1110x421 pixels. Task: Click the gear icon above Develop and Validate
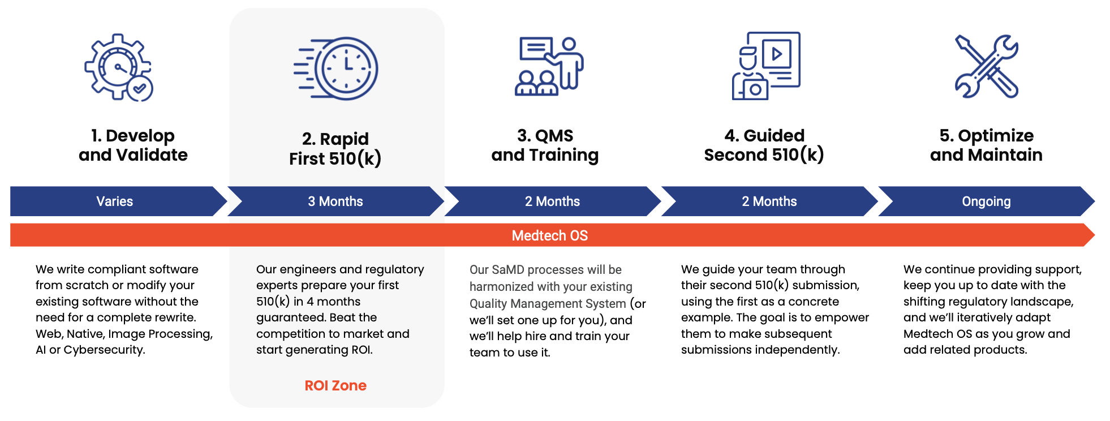119,67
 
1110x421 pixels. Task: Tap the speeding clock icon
336,68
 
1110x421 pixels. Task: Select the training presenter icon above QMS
549,66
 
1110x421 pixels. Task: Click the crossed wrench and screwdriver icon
987,66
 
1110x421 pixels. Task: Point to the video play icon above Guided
777,54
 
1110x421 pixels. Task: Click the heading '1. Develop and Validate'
133,145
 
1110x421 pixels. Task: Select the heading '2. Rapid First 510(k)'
335,149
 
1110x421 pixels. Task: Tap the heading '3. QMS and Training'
545,145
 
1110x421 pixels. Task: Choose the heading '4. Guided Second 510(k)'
764,145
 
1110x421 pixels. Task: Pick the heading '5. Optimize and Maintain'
986,145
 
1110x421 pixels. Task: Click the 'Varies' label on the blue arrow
115,201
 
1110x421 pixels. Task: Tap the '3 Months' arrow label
335,201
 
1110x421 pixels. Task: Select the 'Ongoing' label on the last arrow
986,201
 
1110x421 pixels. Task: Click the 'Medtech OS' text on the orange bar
550,235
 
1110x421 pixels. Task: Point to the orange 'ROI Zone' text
335,385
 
